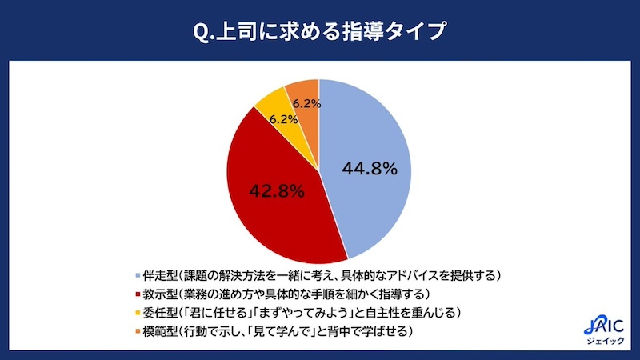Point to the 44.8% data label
tap(370, 169)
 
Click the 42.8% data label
tap(277, 191)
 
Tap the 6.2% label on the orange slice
tap(307, 103)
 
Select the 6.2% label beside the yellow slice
tap(284, 119)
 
